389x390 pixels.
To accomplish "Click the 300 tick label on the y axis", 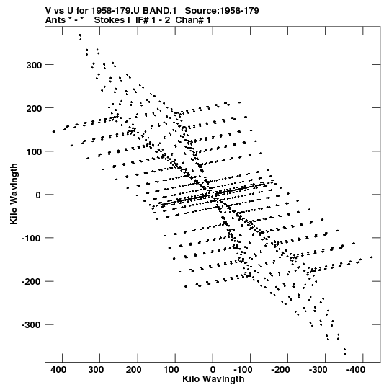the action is point(34,65).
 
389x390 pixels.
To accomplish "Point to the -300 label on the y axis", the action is point(31,325).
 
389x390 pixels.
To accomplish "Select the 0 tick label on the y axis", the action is point(38,195).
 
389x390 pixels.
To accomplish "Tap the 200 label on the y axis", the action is point(34,108).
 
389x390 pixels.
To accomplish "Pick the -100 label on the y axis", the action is point(31,239).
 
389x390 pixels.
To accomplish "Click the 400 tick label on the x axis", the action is point(58,370).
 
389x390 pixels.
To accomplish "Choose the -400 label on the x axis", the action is point(356,370).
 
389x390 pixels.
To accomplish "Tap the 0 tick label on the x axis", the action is point(213,370).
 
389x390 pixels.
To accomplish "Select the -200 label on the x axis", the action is point(281,370).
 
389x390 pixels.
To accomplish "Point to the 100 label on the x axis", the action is point(171,370).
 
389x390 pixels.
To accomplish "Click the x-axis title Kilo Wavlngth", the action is point(213,379).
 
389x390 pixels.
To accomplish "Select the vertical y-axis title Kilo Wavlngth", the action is point(14,194).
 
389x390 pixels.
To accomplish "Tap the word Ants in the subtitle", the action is point(55,20).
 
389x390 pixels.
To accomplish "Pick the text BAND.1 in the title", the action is point(160,11).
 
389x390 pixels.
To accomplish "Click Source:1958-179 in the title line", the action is point(222,11).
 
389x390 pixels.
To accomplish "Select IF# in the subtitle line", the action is point(142,20).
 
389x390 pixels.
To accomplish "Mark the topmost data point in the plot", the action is point(80,35).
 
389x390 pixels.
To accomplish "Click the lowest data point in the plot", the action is point(345,354).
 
